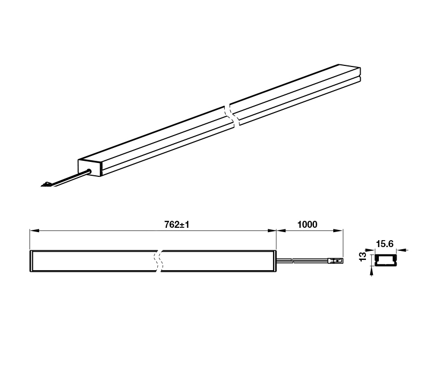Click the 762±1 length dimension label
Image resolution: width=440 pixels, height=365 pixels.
(x=177, y=225)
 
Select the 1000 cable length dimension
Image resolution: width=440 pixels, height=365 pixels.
(x=307, y=225)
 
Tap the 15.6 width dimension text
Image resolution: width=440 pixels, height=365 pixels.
(x=385, y=244)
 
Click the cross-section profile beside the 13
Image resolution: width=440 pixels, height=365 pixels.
(x=384, y=260)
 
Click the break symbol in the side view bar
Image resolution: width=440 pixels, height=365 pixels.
(x=158, y=261)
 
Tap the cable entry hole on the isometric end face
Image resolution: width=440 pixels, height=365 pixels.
(x=90, y=172)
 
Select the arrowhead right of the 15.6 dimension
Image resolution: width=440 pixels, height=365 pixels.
(x=400, y=250)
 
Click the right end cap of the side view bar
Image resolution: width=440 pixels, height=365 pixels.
(x=274, y=261)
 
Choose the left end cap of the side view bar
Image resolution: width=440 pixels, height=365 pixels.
(x=32, y=261)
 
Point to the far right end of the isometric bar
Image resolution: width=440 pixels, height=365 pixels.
(x=360, y=75)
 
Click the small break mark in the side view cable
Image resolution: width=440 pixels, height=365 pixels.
(x=292, y=262)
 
